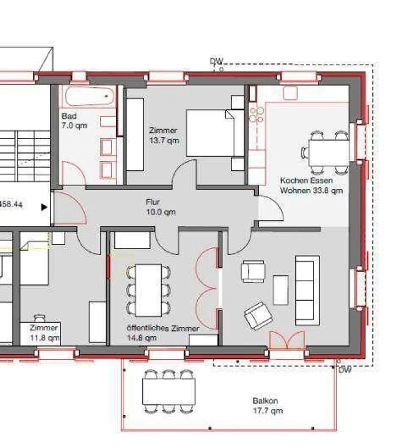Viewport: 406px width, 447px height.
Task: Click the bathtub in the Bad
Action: click(90, 96)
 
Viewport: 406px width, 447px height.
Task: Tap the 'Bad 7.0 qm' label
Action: click(74, 120)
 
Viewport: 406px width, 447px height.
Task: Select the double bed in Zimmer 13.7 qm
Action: click(215, 133)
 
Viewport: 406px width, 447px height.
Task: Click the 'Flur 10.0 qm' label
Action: click(161, 207)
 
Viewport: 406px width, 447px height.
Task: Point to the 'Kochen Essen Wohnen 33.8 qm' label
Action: click(311, 185)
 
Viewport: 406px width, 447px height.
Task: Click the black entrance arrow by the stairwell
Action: click(44, 207)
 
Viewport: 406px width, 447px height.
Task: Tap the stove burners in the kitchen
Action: click(257, 115)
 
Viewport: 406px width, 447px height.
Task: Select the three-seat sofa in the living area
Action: click(307, 290)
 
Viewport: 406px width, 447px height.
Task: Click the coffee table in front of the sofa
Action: click(281, 290)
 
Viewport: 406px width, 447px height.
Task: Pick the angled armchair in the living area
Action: click(258, 315)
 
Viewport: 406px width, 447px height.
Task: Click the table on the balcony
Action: click(169, 392)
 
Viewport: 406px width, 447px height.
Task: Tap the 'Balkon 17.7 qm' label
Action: click(268, 406)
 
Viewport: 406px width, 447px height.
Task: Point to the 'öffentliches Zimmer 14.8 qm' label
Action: click(163, 333)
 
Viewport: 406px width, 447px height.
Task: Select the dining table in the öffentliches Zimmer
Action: click(149, 290)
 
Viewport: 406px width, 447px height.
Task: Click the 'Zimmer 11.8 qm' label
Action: click(45, 332)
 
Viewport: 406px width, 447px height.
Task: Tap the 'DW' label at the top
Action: click(217, 61)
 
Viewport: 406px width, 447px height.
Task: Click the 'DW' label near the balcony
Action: click(345, 370)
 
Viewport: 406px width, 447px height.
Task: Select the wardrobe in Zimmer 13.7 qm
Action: click(135, 135)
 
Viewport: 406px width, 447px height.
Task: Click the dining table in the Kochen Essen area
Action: click(329, 153)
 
